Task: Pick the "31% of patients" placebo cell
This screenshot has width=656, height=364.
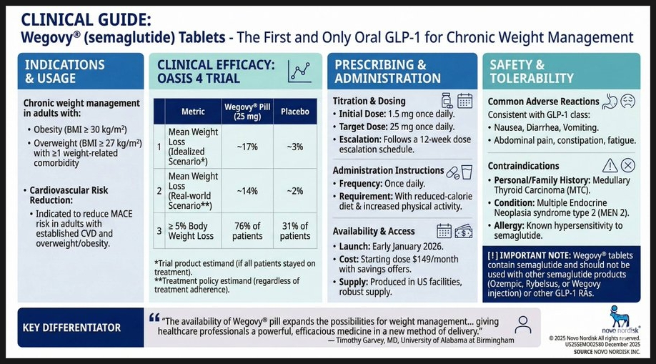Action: point(294,230)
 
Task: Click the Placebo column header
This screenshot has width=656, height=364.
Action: point(294,112)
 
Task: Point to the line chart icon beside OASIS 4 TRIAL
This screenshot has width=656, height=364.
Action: point(300,70)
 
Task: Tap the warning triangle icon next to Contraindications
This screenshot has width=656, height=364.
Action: point(610,165)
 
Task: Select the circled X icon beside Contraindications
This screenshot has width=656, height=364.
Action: point(627,165)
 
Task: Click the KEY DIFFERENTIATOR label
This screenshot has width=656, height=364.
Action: point(72,328)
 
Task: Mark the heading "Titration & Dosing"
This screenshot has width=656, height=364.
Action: point(369,102)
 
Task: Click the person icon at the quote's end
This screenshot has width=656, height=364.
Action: point(524,323)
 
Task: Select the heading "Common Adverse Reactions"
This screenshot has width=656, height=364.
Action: point(543,102)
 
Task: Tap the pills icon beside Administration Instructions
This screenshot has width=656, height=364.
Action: point(452,172)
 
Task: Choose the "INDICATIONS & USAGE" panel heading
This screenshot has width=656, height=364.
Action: point(65,72)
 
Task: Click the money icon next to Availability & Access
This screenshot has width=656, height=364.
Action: point(464,230)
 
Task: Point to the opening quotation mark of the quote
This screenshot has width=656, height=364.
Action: point(154,319)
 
